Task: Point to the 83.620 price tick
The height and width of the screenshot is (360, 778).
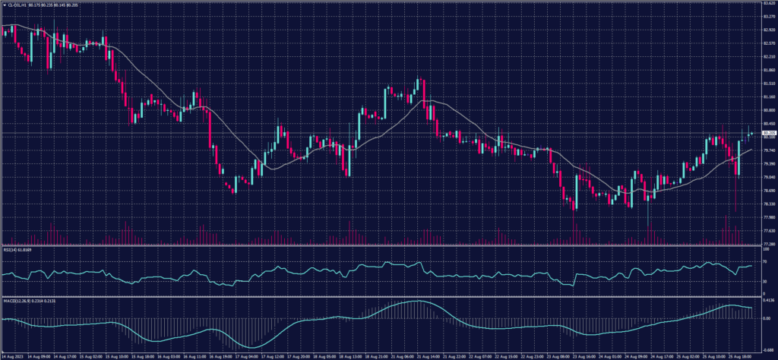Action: [768, 4]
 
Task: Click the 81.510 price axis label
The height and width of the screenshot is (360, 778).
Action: [768, 84]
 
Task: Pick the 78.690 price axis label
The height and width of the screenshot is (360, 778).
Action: [768, 190]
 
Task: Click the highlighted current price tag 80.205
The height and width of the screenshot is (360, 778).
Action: [768, 133]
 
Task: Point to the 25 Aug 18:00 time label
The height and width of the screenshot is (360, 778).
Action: [743, 355]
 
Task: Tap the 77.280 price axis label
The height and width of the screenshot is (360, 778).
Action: [768, 244]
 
